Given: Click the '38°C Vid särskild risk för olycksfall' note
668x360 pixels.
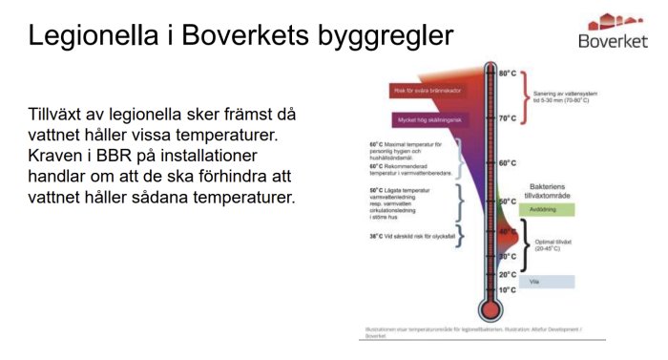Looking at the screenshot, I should click(407, 236).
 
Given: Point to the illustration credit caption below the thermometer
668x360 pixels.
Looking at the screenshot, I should click(471, 332).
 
